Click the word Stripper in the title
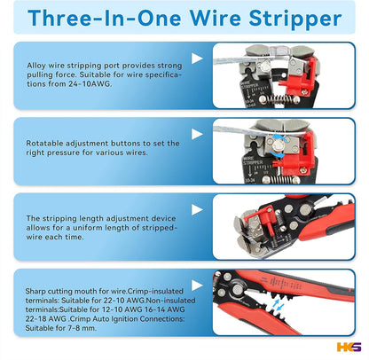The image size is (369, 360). [x=295, y=20]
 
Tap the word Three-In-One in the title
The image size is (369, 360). [x=105, y=18]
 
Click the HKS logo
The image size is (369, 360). [x=349, y=347]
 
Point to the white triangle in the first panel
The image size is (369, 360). [x=197, y=59]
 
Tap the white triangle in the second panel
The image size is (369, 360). [x=197, y=134]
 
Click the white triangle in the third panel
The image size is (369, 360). [x=197, y=210]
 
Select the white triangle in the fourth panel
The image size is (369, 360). [x=197, y=286]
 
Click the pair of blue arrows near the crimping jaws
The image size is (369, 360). [x=278, y=304]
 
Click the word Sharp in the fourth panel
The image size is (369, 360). [x=35, y=292]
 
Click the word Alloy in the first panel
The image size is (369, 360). [x=36, y=66]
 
